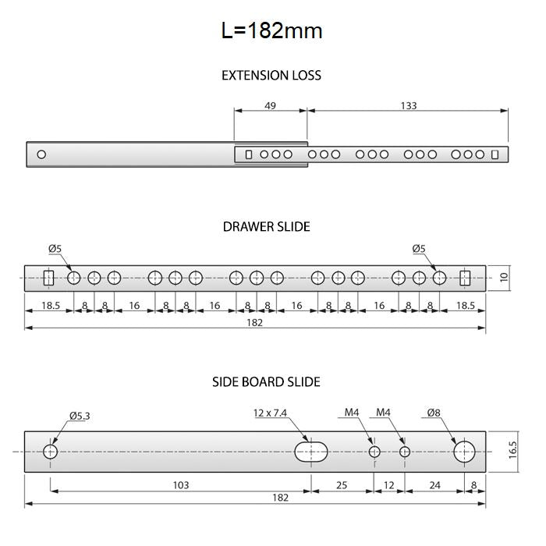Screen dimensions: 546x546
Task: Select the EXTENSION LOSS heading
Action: click(271, 76)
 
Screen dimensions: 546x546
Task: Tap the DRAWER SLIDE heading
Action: click(267, 227)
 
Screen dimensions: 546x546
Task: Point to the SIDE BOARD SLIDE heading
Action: click(266, 382)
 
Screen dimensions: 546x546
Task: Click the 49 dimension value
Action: click(270, 105)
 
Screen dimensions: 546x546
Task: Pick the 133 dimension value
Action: click(408, 105)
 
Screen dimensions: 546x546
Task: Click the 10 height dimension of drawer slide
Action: click(504, 277)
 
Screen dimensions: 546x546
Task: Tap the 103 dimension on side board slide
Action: click(181, 485)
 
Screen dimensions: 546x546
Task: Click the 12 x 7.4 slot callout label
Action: click(271, 413)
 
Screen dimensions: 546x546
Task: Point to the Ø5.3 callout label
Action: click(80, 416)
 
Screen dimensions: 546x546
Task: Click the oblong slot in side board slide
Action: click(312, 452)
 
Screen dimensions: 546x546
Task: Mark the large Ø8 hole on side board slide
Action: click(465, 452)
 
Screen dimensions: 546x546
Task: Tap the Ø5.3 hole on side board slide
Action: click(51, 452)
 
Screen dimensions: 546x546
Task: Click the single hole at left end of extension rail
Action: click(41, 154)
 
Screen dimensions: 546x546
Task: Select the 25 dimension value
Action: click(342, 485)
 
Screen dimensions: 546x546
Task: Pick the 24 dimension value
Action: click(434, 485)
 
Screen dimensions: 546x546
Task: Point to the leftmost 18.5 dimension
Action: click(48, 306)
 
